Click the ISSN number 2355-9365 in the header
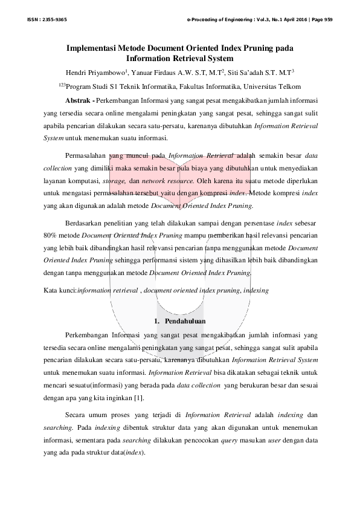[55, 20]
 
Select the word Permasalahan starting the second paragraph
[89, 155]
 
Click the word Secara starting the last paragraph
[76, 415]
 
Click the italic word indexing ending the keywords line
[256, 290]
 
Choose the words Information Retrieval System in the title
[179, 59]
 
